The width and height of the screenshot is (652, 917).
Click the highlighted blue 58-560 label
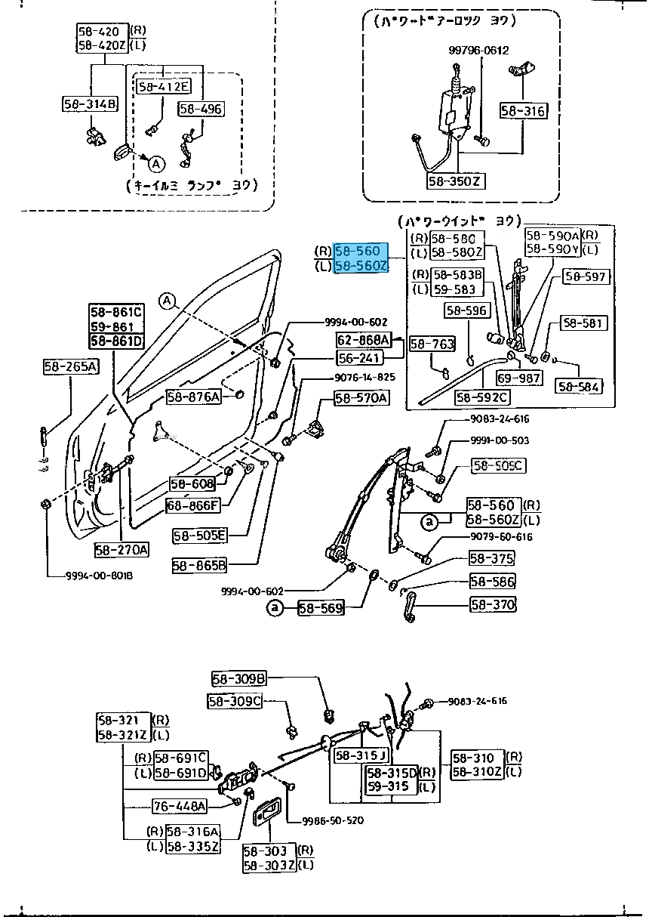click(x=361, y=250)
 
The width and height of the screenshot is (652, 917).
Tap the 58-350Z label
click(x=454, y=181)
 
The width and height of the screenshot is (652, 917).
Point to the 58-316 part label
click(x=522, y=111)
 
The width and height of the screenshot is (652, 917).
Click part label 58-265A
click(x=71, y=367)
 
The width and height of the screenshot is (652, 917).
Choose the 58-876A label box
click(x=193, y=397)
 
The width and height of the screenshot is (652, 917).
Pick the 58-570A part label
click(x=361, y=397)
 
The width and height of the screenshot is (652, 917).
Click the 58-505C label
click(x=497, y=466)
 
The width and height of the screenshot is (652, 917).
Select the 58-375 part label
click(x=491, y=559)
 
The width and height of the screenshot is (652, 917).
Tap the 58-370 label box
click(x=492, y=604)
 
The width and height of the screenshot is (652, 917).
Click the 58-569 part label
click(x=320, y=607)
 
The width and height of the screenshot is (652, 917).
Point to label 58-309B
click(x=238, y=678)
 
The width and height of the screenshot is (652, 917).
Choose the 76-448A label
click(x=180, y=806)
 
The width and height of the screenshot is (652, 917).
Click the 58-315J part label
click(x=361, y=755)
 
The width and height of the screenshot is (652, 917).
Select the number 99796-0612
click(x=478, y=51)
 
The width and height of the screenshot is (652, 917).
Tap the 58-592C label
click(x=482, y=397)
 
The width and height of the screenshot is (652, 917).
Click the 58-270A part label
click(x=121, y=549)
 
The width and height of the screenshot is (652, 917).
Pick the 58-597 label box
click(x=586, y=277)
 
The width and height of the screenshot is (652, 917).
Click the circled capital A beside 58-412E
click(x=155, y=163)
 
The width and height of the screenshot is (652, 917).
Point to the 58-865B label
click(x=199, y=564)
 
